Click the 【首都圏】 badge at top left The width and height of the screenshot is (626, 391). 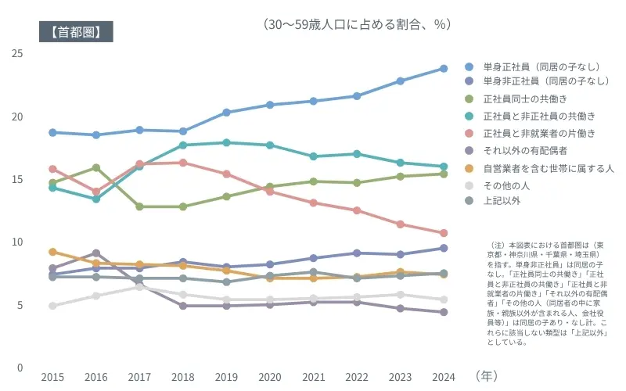coord(76,32)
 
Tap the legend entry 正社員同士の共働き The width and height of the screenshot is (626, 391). coord(524,99)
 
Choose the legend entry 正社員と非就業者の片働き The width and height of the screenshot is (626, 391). coord(539,133)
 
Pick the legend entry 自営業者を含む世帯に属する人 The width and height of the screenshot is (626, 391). coord(548,167)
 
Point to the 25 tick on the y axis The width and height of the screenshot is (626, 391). coord(17,53)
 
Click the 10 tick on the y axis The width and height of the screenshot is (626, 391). coord(17,242)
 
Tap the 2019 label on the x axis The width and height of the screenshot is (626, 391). coord(226,377)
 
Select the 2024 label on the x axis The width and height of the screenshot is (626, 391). coord(443,377)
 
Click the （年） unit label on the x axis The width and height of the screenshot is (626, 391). coord(486,376)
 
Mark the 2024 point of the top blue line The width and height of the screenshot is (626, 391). coord(443,68)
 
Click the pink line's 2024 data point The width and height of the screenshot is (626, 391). coord(443,233)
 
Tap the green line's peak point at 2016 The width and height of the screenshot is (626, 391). coord(95,167)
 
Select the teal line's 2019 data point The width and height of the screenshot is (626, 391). coord(226,142)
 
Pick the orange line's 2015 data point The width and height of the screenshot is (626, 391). coord(52,252)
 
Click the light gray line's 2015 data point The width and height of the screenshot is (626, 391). coord(52,306)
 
